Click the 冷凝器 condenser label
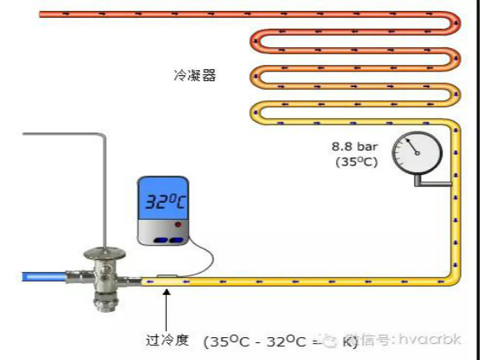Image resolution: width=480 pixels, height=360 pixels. coord(195,76)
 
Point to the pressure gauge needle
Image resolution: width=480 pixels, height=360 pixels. coord(410,148)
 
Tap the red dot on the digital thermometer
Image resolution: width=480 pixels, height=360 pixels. coord(177,224)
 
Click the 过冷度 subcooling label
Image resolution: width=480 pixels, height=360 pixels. coord(168,340)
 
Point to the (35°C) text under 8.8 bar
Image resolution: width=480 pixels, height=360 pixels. coord(356,162)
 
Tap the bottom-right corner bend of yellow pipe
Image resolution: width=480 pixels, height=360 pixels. coord(452,277)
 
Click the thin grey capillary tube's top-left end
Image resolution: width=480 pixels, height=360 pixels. coord(25,134)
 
